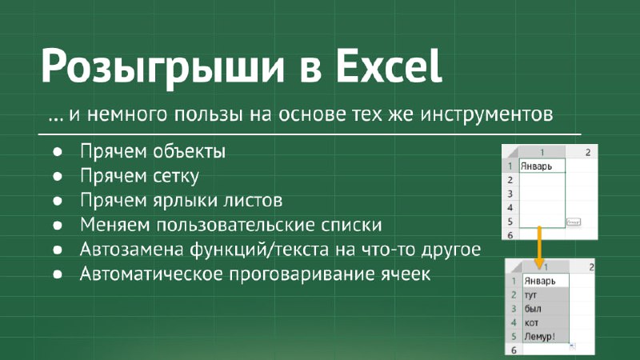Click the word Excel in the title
click(389, 66)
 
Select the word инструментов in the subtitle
click(486, 114)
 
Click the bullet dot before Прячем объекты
click(58, 152)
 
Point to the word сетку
click(175, 176)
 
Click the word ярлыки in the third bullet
click(186, 201)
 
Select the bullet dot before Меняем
click(58, 226)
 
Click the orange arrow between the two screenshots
click(539, 247)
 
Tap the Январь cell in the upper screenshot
click(542, 166)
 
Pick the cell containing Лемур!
click(546, 337)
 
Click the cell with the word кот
click(546, 322)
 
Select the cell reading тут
click(546, 294)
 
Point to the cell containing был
click(546, 309)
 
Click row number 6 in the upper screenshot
click(510, 235)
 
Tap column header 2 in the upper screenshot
click(588, 152)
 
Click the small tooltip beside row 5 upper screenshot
click(574, 222)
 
